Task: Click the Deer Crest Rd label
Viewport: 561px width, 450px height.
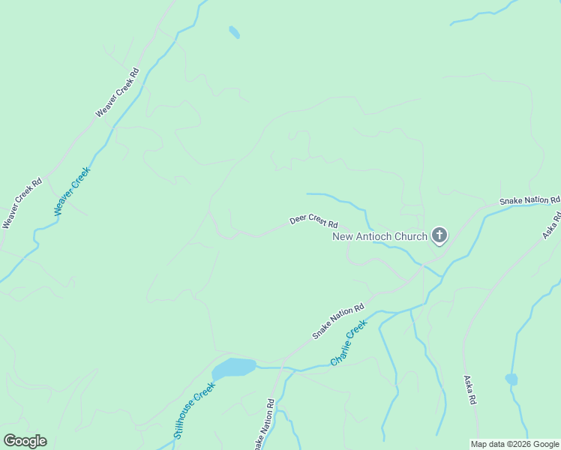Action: point(313,223)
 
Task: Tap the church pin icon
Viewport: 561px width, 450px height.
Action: point(439,236)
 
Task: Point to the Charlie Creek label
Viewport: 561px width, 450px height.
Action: point(349,343)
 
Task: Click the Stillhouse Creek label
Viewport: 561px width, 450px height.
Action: point(194,409)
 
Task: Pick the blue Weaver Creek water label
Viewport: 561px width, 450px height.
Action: point(73,191)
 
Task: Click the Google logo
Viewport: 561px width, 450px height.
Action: point(25,441)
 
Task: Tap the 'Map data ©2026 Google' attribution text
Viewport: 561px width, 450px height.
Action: point(514,444)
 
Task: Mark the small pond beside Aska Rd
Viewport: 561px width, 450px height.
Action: point(511,379)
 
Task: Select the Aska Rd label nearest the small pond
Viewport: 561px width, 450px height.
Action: point(470,390)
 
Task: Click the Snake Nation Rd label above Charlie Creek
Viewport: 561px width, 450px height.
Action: point(337,321)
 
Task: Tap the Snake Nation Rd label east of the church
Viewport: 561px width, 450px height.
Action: point(529,201)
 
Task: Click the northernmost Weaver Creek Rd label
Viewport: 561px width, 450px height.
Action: point(118,92)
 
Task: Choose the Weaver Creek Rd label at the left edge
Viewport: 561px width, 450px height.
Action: point(21,203)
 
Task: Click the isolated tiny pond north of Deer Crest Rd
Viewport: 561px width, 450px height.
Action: point(235,32)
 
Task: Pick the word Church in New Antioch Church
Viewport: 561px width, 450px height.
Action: point(412,237)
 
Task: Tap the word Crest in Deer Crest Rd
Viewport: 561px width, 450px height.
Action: point(317,223)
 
